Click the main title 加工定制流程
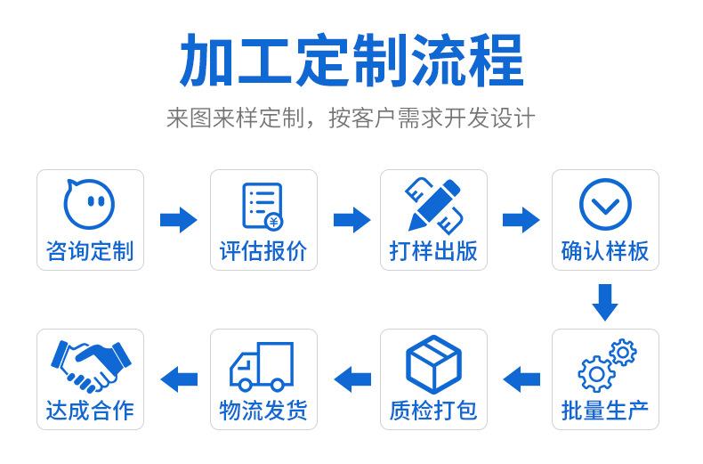click(351, 60)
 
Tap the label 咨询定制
click(90, 251)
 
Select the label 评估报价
click(263, 251)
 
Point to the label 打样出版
click(433, 251)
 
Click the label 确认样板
click(605, 251)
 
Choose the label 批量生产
click(605, 411)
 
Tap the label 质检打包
click(433, 411)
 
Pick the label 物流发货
click(263, 411)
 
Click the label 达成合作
click(90, 411)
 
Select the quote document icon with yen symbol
click(263, 205)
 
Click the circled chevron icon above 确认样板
click(605, 204)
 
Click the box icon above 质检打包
click(433, 363)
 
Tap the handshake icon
click(90, 364)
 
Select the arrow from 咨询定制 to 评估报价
click(178, 219)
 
